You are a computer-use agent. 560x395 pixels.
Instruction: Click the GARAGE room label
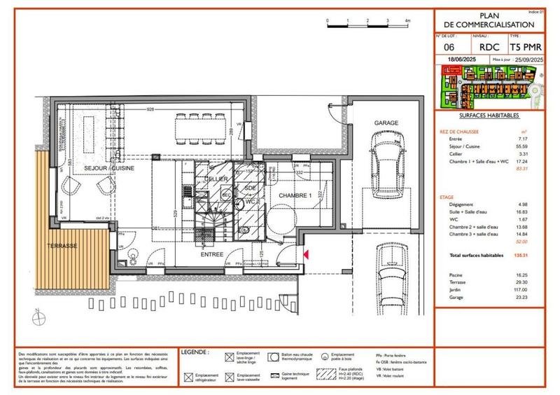(x=386, y=123)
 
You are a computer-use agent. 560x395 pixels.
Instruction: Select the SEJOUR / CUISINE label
(x=109, y=169)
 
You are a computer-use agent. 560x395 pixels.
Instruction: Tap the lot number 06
(x=449, y=47)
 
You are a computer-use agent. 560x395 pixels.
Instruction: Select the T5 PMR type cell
(x=525, y=47)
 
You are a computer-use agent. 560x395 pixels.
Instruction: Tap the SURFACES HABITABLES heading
(x=489, y=114)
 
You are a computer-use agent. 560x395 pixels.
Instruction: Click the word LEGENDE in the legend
(x=195, y=352)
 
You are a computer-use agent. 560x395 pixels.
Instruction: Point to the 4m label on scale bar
(x=407, y=22)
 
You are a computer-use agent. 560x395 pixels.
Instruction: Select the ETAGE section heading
(x=447, y=198)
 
